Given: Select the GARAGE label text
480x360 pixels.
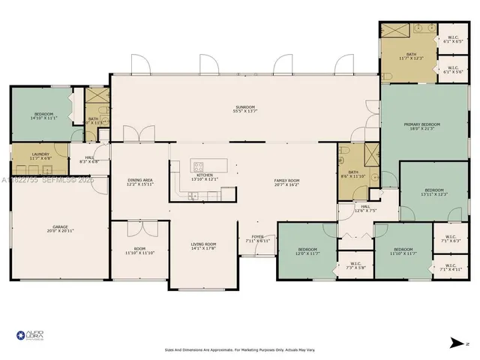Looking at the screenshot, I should coord(60,227).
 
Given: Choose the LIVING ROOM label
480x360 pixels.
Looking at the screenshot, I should coord(204,246).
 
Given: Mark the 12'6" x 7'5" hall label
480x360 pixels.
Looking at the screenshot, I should coord(365,208).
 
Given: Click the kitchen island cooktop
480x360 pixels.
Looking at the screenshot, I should coord(199,166).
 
